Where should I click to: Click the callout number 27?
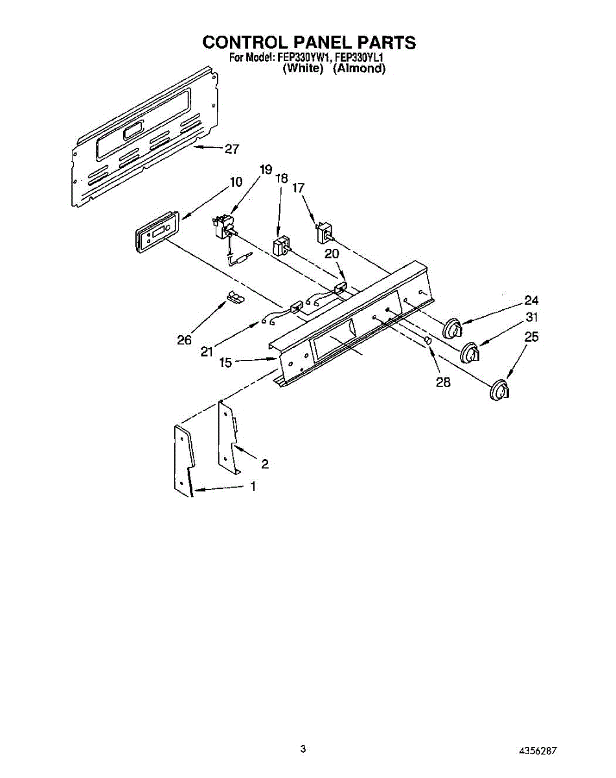tap(231, 148)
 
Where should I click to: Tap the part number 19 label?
tap(266, 170)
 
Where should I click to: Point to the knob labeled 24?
tap(455, 327)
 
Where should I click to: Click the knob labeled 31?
tap(472, 355)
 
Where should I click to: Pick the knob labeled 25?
tap(499, 390)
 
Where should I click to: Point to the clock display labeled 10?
tap(156, 232)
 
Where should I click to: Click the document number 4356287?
tap(537, 751)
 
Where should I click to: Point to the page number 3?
tap(302, 749)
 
